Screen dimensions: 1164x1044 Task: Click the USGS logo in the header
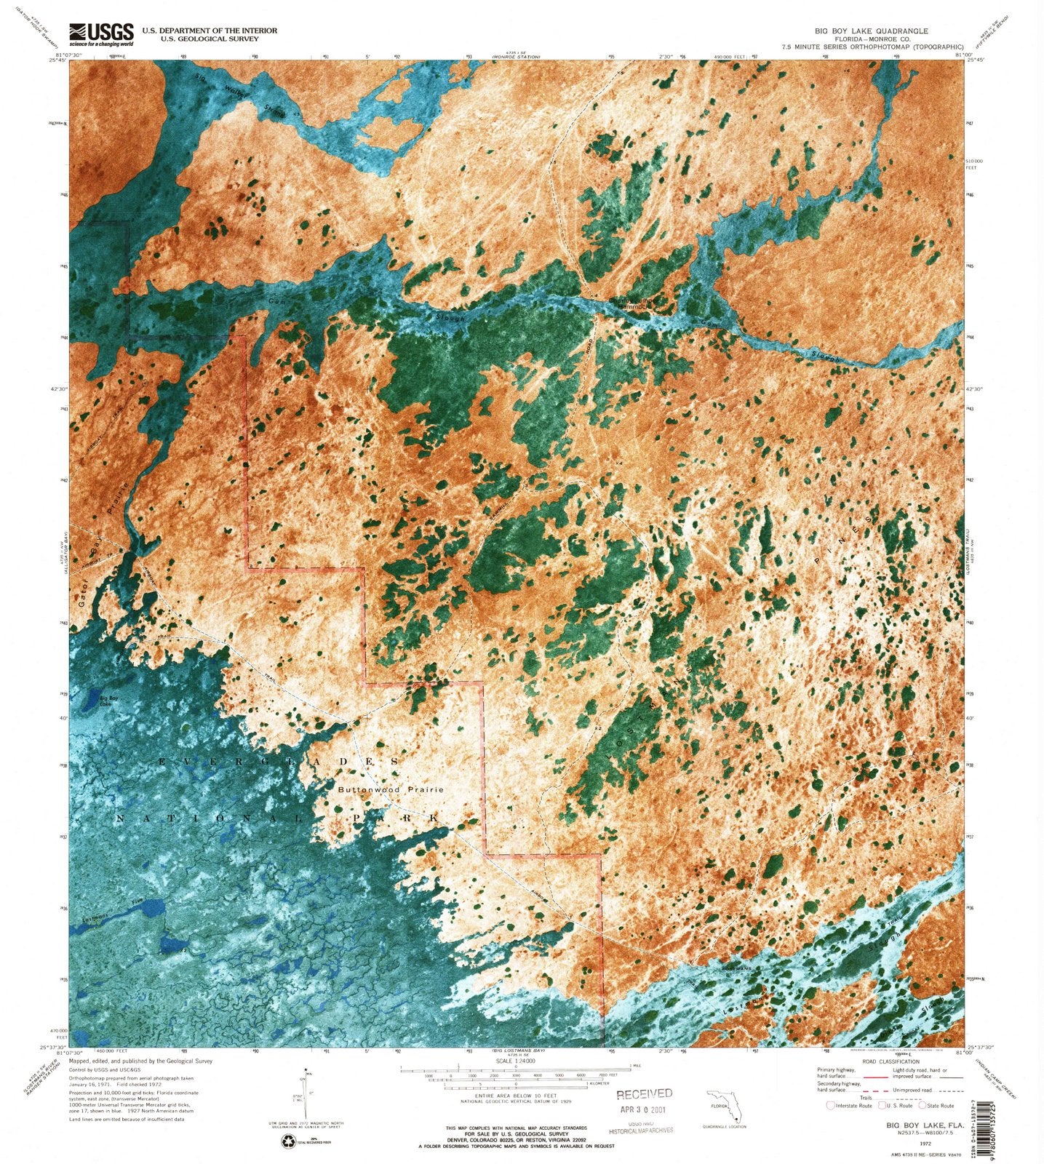coord(101,33)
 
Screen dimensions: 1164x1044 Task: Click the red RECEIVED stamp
coord(645,1093)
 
